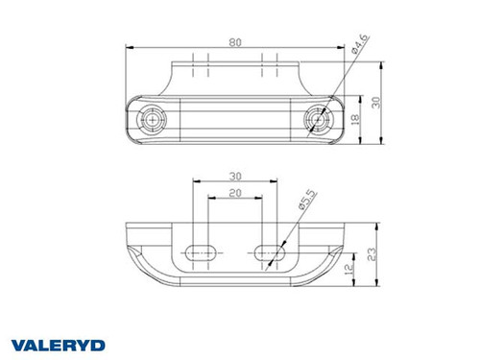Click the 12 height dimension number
coord(357,272)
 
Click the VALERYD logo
coord(58,344)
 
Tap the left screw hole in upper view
coord(152,119)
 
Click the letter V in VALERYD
coord(17,344)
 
